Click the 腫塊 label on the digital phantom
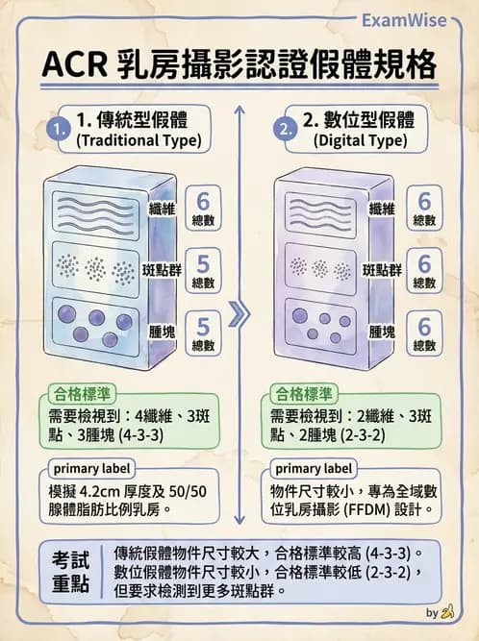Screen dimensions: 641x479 tap(384, 331)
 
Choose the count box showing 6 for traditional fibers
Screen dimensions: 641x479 tap(203, 209)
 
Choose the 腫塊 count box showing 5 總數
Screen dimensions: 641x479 tap(203, 333)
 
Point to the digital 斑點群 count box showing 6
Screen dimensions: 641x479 tap(424, 270)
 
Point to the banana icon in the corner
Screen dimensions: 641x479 tap(446, 611)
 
